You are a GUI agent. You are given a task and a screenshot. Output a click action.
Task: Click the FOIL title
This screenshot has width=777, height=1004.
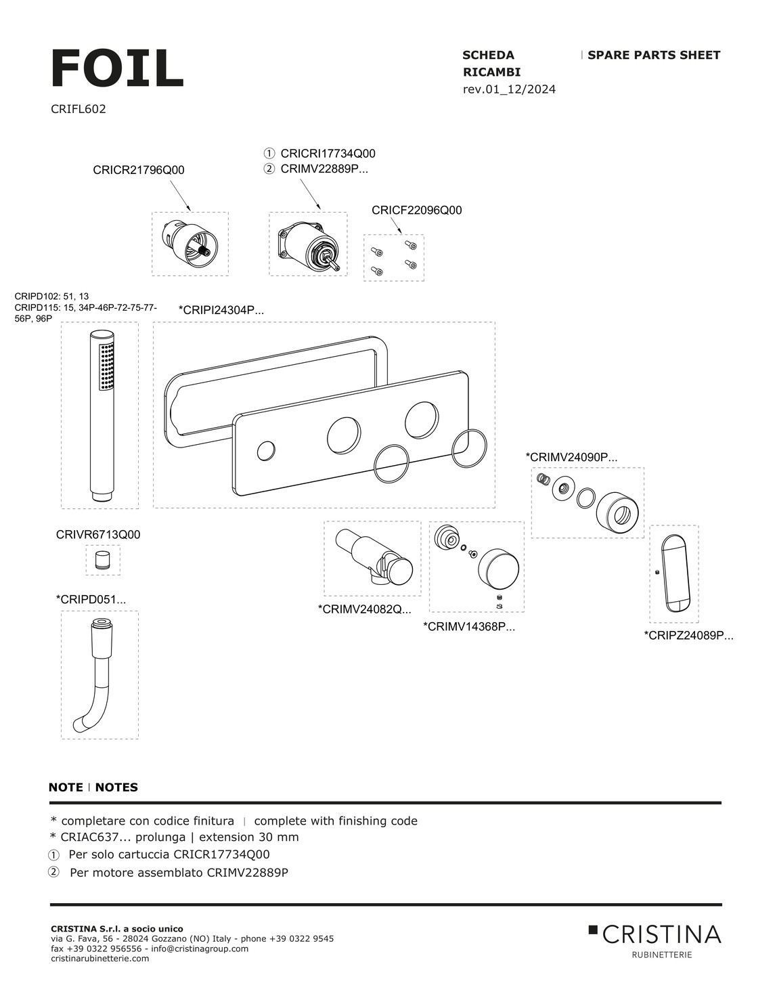pyautogui.click(x=117, y=68)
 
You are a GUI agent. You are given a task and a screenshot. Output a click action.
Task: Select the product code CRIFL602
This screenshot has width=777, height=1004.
pyautogui.click(x=79, y=109)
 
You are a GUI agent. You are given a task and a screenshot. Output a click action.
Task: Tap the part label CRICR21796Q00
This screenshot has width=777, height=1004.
pyautogui.click(x=139, y=171)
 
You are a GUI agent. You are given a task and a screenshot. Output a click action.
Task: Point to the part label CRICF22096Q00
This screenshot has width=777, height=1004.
pyautogui.click(x=416, y=211)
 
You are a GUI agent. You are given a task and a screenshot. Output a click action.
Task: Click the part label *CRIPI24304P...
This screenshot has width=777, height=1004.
pyautogui.click(x=221, y=310)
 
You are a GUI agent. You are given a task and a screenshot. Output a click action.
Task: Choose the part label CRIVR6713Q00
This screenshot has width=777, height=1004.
pyautogui.click(x=98, y=535)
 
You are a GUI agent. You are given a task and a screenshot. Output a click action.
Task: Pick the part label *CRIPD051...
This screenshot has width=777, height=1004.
pyautogui.click(x=91, y=599)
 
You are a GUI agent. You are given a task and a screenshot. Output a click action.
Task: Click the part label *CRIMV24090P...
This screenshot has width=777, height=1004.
pyautogui.click(x=571, y=457)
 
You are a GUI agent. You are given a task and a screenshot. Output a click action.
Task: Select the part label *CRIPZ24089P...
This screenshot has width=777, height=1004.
pyautogui.click(x=688, y=635)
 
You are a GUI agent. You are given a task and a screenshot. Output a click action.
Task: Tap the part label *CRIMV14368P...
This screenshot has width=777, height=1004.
pyautogui.click(x=469, y=627)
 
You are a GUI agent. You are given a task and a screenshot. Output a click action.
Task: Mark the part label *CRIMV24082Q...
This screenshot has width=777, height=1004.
pyautogui.click(x=364, y=609)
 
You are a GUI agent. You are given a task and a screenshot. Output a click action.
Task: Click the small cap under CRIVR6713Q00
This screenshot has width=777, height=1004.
pyautogui.click(x=102, y=561)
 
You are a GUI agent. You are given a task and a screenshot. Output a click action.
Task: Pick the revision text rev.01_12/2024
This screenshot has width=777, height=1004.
pyautogui.click(x=509, y=89)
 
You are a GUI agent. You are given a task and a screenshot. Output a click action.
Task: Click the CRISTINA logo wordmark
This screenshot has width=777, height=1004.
pyautogui.click(x=661, y=935)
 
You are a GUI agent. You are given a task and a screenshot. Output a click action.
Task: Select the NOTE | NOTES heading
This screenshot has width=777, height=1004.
pyautogui.click(x=93, y=787)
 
